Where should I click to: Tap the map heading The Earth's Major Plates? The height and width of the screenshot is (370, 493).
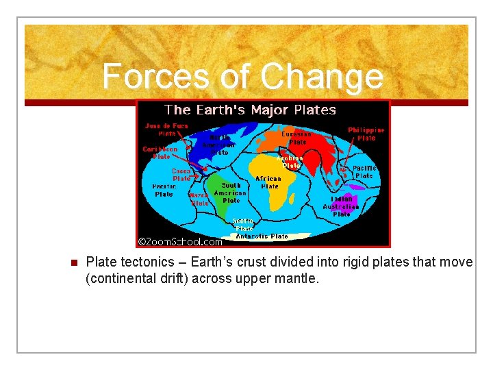coord(251,110)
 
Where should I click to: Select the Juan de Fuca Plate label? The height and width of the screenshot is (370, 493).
coord(166,129)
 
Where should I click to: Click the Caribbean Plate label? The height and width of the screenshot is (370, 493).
coord(160,152)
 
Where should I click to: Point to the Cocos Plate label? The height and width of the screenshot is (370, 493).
coord(181,175)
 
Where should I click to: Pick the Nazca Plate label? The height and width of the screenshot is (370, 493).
coord(199,199)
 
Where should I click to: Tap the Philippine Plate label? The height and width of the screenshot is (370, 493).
coord(366,134)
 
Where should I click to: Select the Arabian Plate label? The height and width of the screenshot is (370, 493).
coord(290,161)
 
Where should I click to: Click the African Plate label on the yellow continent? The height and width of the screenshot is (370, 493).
coord(268,182)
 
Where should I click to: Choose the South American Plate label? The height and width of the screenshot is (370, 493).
coord(231,193)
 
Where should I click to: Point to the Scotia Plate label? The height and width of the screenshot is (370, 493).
coord(244,225)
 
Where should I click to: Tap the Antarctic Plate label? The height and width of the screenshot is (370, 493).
coord(262,236)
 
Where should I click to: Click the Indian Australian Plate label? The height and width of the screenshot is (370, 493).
coord(341,206)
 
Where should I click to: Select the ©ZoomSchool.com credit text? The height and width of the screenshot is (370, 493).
coord(180,241)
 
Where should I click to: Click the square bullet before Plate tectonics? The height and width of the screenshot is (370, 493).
coord(73,263)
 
